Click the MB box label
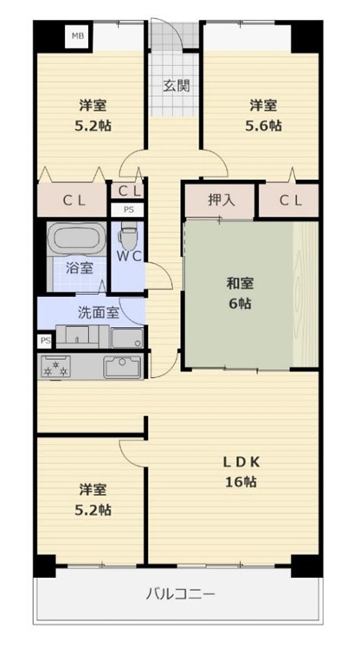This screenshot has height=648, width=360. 78,36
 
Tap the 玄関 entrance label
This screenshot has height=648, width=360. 177,86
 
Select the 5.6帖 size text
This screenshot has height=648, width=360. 263,125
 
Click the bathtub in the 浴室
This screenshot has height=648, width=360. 76,239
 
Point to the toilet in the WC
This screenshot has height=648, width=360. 127,234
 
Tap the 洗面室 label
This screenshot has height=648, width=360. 99,313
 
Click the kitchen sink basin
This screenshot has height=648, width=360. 122,367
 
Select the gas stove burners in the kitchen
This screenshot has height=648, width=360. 55,367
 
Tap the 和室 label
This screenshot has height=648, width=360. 240,284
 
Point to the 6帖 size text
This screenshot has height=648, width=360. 240,304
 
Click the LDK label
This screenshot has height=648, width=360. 241,463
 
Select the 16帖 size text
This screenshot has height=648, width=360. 241,482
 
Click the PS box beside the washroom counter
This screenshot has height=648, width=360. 46,342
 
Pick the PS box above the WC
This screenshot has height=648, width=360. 128,210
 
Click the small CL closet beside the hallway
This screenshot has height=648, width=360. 128,190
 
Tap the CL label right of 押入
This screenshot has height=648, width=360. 291,201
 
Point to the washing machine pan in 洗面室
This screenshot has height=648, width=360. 127,338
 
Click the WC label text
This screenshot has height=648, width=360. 129,257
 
